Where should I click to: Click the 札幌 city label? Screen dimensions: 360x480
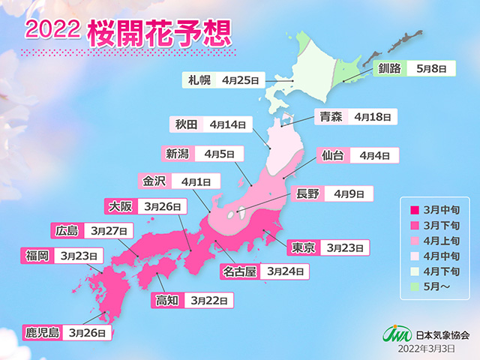(x=198, y=79)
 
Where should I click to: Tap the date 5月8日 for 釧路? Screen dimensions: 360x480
(x=433, y=68)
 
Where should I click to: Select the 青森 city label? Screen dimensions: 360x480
(x=329, y=116)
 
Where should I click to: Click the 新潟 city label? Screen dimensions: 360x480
(x=178, y=154)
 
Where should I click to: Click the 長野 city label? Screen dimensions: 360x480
(x=308, y=194)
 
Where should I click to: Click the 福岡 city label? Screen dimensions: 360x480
(x=37, y=256)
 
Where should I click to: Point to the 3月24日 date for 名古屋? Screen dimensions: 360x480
(x=286, y=271)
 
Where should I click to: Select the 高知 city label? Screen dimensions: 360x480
(x=167, y=300)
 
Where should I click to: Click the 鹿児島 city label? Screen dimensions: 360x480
(x=41, y=330)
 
